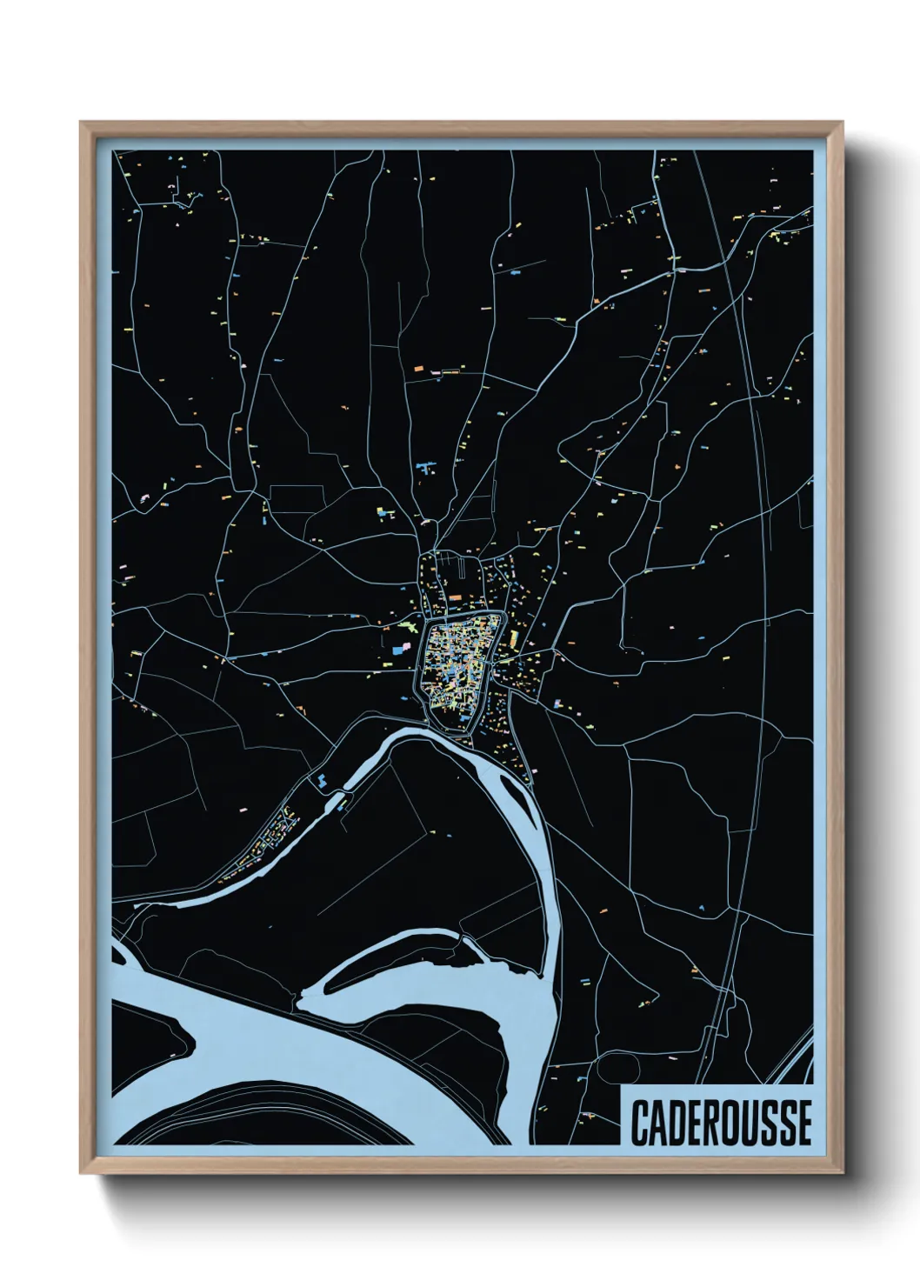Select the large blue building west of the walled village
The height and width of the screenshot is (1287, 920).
pos(400,649)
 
